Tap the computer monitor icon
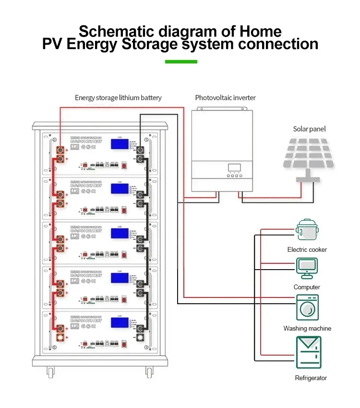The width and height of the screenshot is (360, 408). [306, 268]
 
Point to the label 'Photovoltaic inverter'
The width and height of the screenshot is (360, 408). [225, 98]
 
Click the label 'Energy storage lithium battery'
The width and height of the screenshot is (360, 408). [118, 98]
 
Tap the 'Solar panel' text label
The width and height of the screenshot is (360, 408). [309, 129]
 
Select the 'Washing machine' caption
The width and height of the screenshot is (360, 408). [307, 329]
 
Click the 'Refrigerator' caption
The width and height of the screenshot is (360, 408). [311, 378]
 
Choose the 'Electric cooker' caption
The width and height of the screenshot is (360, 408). [307, 250]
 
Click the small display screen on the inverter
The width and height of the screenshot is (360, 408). [234, 168]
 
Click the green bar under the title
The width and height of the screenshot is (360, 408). [181, 62]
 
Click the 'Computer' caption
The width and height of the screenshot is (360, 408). [307, 287]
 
